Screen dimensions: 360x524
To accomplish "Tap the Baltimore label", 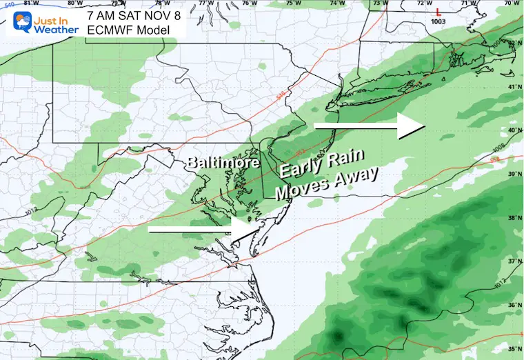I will click(x=222, y=163).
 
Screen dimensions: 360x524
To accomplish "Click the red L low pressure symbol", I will click(x=439, y=12).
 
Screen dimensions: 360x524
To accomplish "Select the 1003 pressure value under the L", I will click(x=439, y=23).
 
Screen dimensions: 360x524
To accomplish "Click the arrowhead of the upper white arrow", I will click(x=412, y=126).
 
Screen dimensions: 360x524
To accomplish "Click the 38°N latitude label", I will click(x=514, y=217).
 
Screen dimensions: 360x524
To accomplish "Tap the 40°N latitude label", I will click(x=514, y=130).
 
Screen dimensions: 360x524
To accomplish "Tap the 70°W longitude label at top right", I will click(x=511, y=3).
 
